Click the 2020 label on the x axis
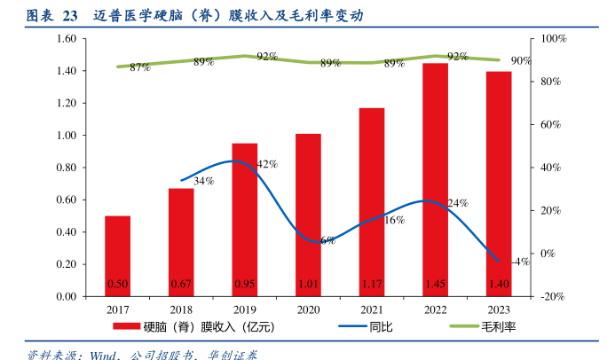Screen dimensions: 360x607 308,310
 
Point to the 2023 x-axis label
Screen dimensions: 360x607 499,310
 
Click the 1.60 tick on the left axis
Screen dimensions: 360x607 66,39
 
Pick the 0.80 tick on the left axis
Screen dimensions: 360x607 66,168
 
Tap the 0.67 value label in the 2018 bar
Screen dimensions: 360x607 181,284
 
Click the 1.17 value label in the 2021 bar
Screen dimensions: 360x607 372,284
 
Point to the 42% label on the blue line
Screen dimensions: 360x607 267,164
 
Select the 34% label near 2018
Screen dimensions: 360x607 203,181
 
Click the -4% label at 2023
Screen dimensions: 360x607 521,262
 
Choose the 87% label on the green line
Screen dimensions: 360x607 139,67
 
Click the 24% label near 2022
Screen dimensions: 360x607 457,203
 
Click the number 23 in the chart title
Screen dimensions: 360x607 67,16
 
